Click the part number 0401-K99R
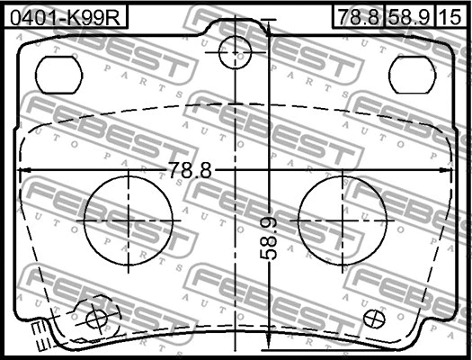point(65,14)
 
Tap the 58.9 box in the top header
point(409,14)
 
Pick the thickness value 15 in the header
point(454,14)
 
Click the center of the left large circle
point(129,220)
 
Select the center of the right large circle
point(344,220)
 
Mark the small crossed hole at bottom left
point(95,317)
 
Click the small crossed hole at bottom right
point(377,317)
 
